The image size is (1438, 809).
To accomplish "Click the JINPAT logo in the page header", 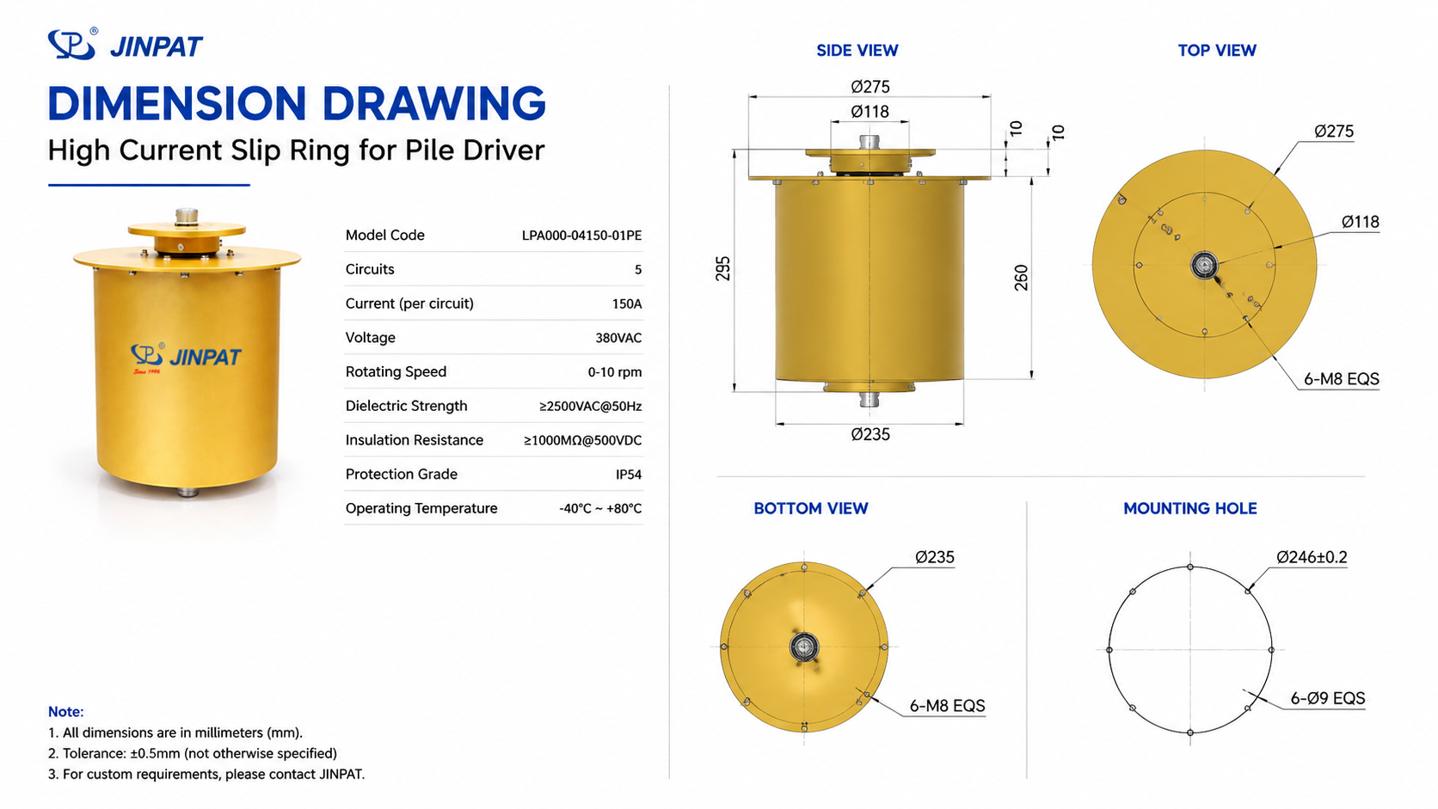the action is pos(126,44).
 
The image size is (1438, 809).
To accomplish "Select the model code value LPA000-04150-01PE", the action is pos(581,236).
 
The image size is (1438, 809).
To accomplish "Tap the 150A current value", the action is pos(627,304).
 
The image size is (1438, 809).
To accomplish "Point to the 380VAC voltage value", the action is pos(618,338).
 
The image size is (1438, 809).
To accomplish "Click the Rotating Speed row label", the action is pos(396,372).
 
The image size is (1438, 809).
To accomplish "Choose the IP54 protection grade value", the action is pos(629,475).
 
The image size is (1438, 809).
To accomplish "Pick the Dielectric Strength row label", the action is pos(406,406).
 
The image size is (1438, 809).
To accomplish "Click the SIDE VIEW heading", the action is pos(857,51).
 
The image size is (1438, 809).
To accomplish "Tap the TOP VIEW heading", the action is pos(1216,51).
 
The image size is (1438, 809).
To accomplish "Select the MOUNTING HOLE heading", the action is pos(1189,509).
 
